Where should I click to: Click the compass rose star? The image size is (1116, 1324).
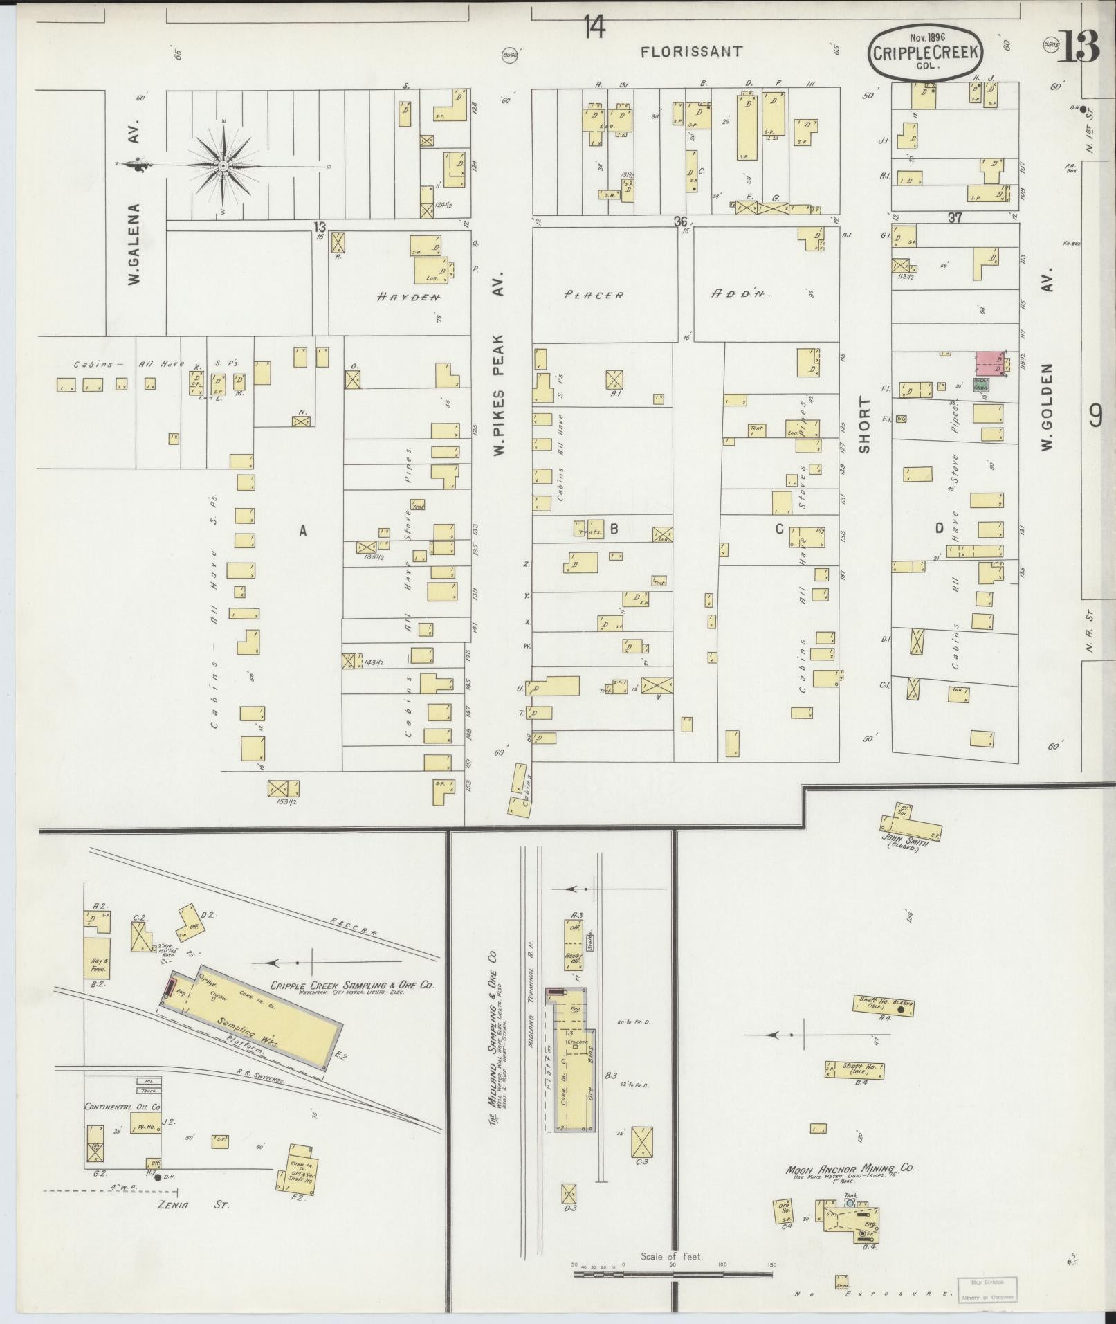[223, 166]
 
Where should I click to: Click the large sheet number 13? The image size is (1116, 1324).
[1077, 48]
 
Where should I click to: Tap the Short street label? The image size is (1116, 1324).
[864, 425]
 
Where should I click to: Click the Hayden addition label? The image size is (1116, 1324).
[409, 297]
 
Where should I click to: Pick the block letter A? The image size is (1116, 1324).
[302, 530]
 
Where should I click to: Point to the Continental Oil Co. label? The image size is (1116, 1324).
[122, 1107]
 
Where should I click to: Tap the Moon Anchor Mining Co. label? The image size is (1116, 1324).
[850, 1168]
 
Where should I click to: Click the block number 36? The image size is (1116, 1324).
[681, 221]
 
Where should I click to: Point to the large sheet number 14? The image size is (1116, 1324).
[594, 28]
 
